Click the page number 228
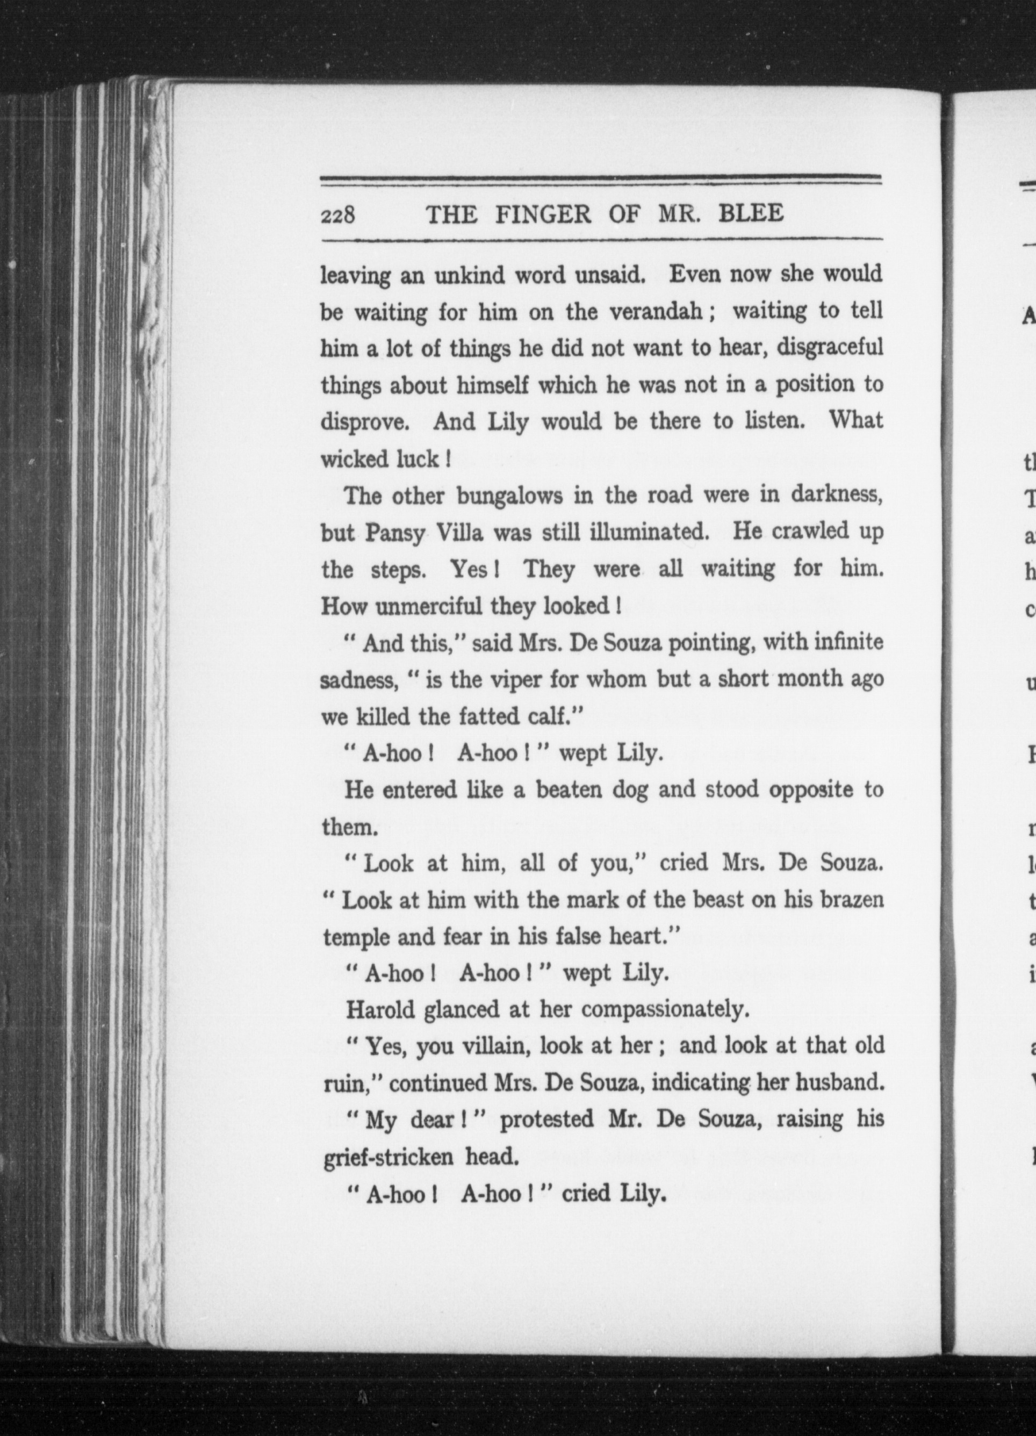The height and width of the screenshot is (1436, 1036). pos(338,216)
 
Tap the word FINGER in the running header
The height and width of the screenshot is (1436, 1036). pos(543,214)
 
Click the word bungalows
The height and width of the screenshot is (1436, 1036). pos(510,496)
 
